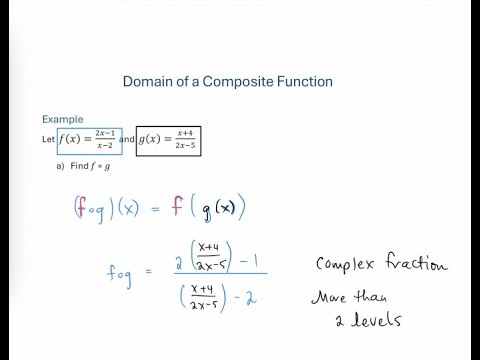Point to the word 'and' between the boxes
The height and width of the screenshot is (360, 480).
coord(126,140)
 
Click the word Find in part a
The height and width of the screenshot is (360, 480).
coord(85,167)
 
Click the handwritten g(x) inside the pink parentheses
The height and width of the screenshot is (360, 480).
coord(213,208)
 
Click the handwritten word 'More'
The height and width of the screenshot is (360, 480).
coord(337,297)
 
